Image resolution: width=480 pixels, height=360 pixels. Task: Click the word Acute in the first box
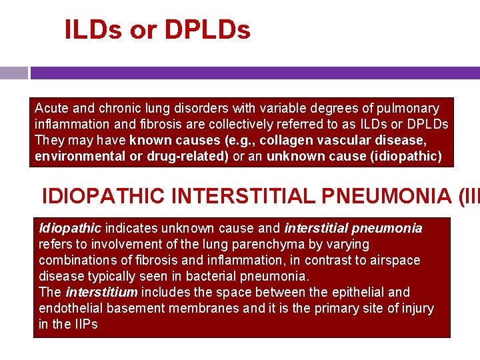pyautogui.click(x=50, y=108)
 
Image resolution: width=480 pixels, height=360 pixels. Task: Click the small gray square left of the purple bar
pyautogui.click(x=14, y=73)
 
